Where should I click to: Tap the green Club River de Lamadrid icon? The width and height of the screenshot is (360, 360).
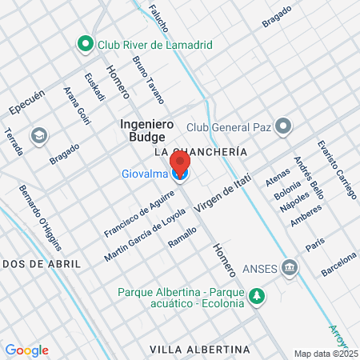(x=84, y=45)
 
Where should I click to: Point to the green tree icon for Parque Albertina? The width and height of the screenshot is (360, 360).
(x=256, y=297)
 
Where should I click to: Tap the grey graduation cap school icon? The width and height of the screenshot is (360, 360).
(x=38, y=136)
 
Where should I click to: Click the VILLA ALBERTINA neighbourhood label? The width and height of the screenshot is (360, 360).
(x=200, y=350)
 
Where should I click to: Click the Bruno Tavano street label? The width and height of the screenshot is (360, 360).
(x=149, y=80)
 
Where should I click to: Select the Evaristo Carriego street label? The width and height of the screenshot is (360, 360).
(x=335, y=169)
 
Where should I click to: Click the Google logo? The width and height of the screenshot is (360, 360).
(x=26, y=350)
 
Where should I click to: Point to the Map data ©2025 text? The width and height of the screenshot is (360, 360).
(x=325, y=354)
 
